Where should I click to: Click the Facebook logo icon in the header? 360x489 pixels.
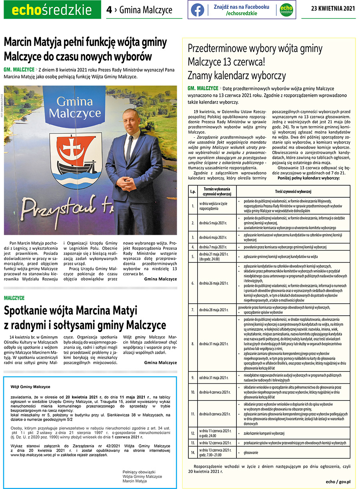coord(198,10)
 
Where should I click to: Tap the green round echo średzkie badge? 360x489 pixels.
coord(286,10)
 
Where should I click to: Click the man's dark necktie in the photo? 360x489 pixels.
coord(129,148)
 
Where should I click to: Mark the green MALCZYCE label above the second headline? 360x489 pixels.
coord(14,298)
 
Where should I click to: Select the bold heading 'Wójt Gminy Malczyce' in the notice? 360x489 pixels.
coord(30,387)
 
